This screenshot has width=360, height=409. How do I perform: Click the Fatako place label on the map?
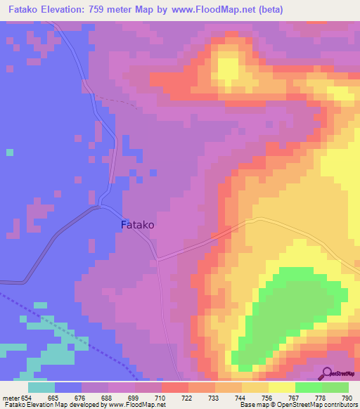click(x=138, y=226)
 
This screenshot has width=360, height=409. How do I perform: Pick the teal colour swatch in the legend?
click(x=41, y=387)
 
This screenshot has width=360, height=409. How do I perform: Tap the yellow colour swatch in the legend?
click(x=281, y=387)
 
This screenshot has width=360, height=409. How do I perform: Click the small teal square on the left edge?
click(x=9, y=152)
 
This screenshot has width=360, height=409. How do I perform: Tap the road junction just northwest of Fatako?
click(x=103, y=206)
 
